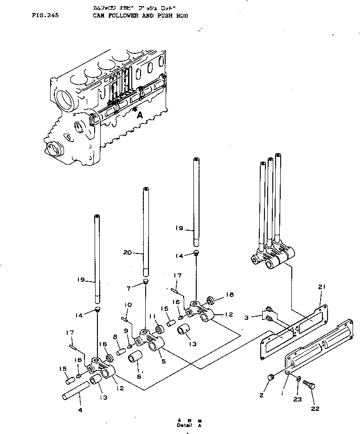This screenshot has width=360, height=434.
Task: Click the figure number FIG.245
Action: tap(45, 15)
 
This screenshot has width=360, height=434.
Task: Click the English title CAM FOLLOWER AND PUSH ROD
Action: tap(141, 15)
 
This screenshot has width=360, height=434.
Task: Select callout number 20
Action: tap(128, 253)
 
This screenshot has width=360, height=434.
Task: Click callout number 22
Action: tap(315, 408)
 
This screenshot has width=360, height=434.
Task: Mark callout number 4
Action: tap(80, 410)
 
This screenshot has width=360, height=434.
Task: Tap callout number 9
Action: tap(126, 331)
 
